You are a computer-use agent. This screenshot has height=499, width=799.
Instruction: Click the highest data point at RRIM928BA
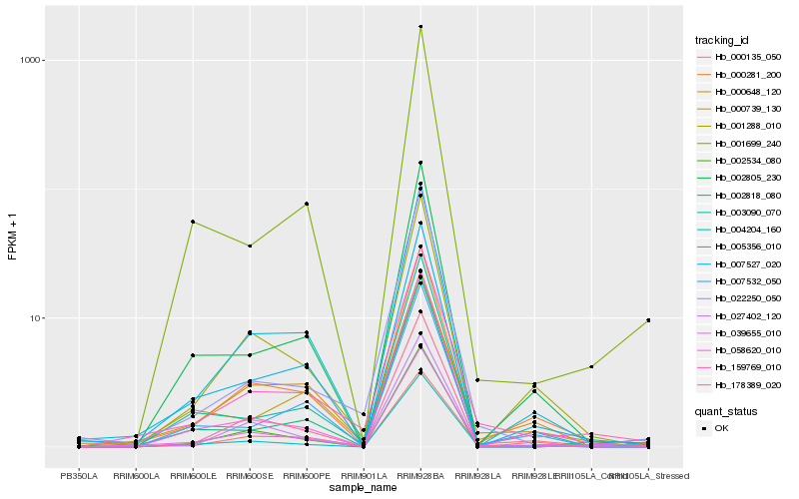tap(420, 27)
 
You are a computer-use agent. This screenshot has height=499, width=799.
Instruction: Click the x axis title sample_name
tap(364, 487)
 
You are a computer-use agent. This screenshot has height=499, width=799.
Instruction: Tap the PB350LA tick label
tap(79, 474)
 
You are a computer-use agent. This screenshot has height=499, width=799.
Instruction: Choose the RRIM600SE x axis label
tap(250, 474)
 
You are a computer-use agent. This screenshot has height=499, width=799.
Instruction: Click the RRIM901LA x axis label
tap(364, 474)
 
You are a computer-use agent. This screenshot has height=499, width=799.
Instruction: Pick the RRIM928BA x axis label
tap(420, 474)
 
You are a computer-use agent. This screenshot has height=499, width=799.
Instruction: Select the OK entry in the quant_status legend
tap(721, 428)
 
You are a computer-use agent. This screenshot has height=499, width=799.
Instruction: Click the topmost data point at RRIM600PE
tap(307, 204)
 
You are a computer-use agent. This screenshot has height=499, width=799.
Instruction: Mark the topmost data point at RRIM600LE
tap(193, 222)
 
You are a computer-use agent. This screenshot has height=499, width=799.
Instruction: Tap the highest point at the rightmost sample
tap(648, 320)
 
